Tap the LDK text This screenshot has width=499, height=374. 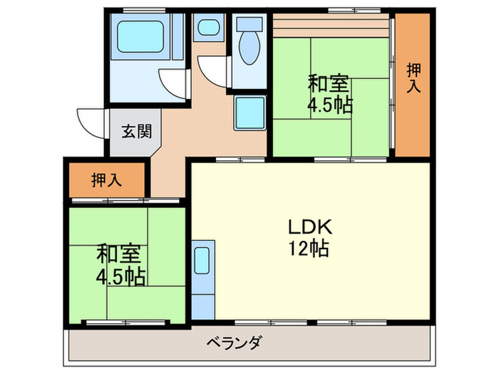point(308,228)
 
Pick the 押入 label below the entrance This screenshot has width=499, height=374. point(107,180)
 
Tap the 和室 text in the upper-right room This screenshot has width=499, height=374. point(329,83)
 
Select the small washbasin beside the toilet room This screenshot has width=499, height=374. point(209,28)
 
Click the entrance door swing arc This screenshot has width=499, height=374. point(91,123)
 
